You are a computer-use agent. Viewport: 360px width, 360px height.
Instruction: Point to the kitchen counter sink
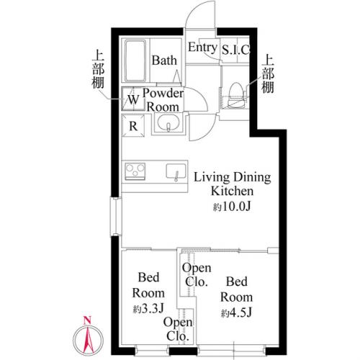[176, 172]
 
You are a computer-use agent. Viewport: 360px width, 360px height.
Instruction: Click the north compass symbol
[87, 334]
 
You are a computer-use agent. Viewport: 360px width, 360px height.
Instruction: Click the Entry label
[202, 48]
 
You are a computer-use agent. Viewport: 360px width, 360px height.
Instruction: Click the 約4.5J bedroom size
[236, 312]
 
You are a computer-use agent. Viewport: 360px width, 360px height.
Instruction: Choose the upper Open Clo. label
[196, 275]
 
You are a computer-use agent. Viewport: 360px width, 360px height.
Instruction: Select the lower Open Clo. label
[177, 329]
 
